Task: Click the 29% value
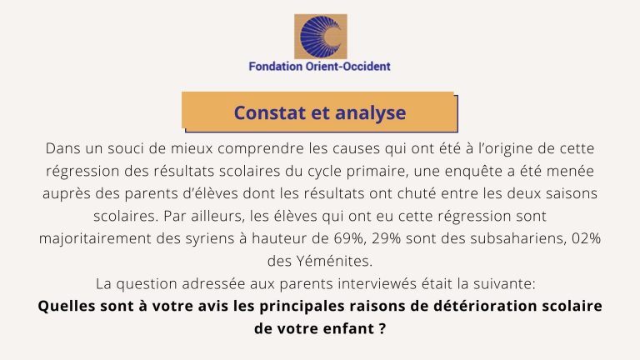pyautogui.click(x=386, y=238)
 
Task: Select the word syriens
pyautogui.click(x=210, y=239)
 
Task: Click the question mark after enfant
pyautogui.click(x=382, y=328)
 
